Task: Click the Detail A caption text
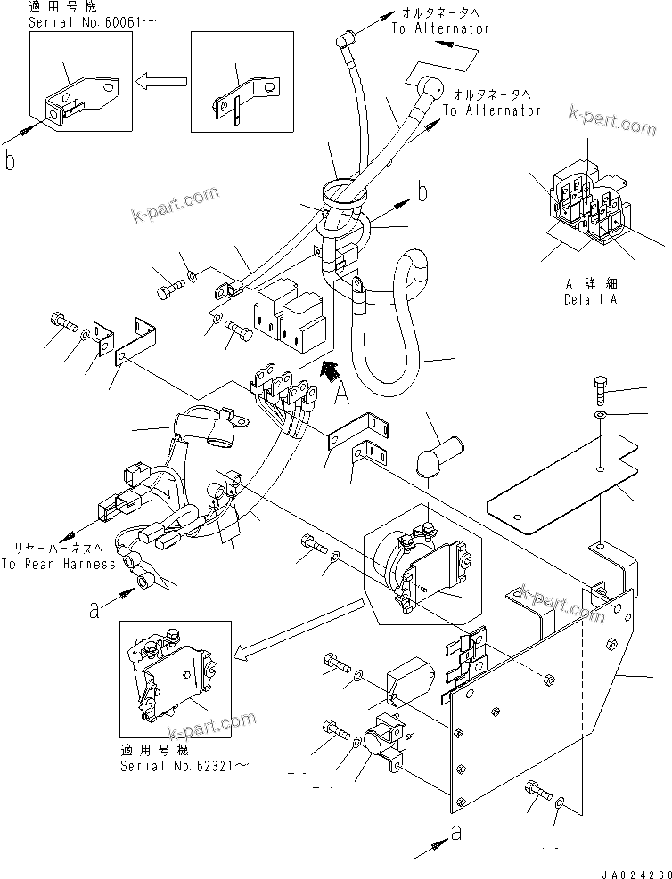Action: tap(589, 299)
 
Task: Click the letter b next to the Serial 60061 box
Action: tap(11, 161)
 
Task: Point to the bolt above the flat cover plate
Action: tap(601, 389)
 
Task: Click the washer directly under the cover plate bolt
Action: tap(601, 415)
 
